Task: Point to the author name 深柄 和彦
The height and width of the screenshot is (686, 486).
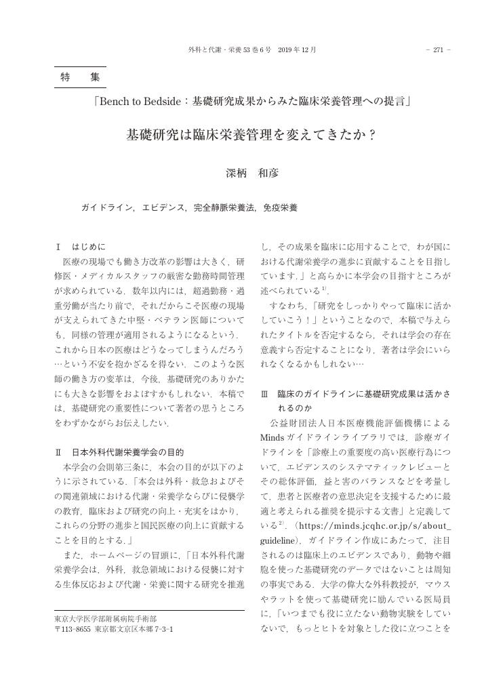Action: click(x=251, y=173)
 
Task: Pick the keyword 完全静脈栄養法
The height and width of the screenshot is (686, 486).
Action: click(x=224, y=207)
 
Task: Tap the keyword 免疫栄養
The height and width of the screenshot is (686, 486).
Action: click(x=281, y=207)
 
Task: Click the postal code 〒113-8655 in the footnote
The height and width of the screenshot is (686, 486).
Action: click(x=73, y=629)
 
